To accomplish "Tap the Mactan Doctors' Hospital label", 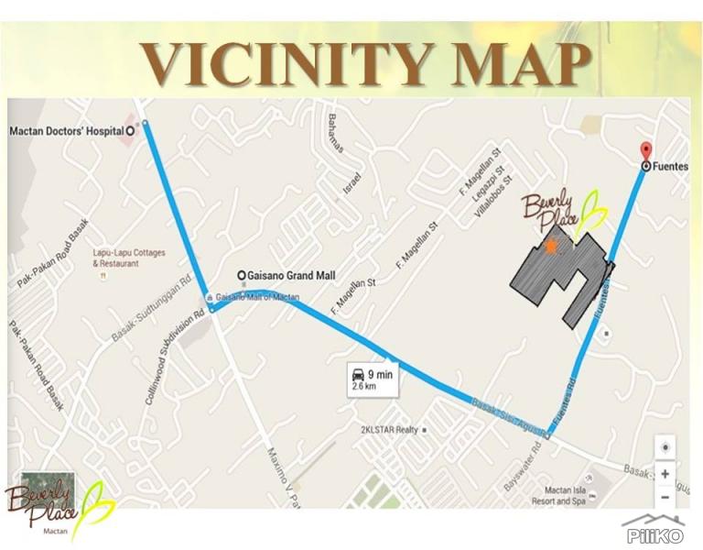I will [x=66, y=131].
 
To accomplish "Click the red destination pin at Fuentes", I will [x=645, y=152].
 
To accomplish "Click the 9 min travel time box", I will [x=373, y=379].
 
